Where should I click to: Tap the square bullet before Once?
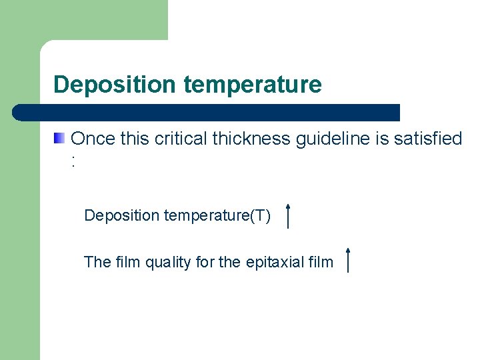(60, 139)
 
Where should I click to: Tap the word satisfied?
(427, 139)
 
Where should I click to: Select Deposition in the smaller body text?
(122, 216)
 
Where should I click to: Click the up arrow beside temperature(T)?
(287, 216)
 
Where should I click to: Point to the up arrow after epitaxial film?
(348, 259)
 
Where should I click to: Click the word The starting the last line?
(97, 263)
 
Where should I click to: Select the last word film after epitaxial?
(321, 263)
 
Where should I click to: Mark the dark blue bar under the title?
(207, 113)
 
